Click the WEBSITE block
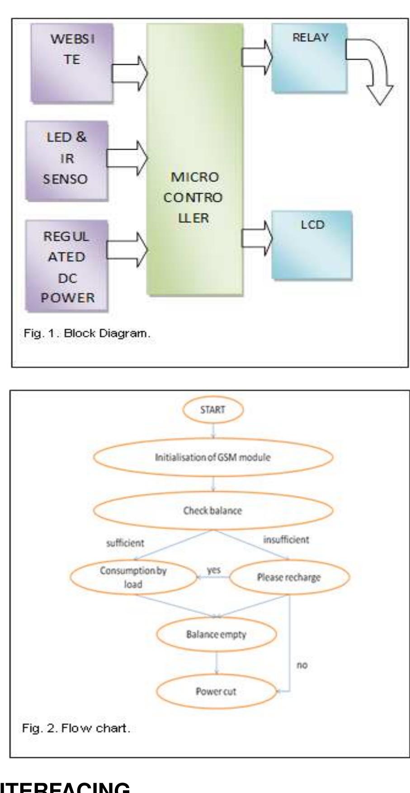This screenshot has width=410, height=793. click(71, 62)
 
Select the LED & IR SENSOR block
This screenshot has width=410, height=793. click(67, 159)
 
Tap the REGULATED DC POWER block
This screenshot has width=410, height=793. click(67, 266)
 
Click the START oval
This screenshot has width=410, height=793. click(213, 410)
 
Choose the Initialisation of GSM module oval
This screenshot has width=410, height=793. click(213, 457)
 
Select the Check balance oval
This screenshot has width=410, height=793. click(213, 511)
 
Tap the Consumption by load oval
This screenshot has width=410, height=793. click(133, 577)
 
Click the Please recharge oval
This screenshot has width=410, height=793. click(289, 577)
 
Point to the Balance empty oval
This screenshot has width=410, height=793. click(217, 634)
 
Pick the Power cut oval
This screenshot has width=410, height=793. click(216, 692)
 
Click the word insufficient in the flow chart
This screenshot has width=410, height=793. click(286, 540)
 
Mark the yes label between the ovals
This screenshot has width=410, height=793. click(213, 570)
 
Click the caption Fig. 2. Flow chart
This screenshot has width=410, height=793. click(76, 729)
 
